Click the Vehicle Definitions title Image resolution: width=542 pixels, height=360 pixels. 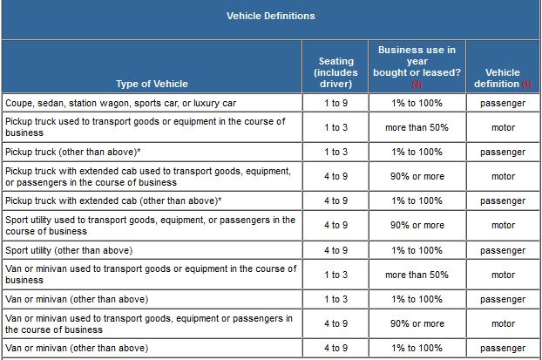click(x=270, y=16)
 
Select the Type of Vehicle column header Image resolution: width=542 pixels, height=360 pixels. click(x=152, y=85)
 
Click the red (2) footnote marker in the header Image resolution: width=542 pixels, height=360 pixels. click(x=417, y=85)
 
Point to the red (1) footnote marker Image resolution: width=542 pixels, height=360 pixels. click(x=526, y=85)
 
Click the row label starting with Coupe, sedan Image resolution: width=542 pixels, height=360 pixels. click(x=120, y=103)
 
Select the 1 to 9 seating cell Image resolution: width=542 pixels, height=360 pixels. click(x=335, y=103)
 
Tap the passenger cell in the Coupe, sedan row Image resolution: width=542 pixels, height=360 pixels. click(x=503, y=103)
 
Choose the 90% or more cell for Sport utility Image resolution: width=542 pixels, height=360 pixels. click(x=417, y=226)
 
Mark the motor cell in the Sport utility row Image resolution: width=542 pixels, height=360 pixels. click(x=503, y=226)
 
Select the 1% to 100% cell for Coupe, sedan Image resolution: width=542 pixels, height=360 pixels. click(x=417, y=103)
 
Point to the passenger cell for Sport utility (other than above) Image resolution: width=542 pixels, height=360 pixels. click(x=503, y=250)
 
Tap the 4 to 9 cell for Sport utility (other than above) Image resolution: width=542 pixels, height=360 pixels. click(x=335, y=250)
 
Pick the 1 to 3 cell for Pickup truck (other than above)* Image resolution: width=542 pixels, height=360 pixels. click(x=335, y=152)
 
